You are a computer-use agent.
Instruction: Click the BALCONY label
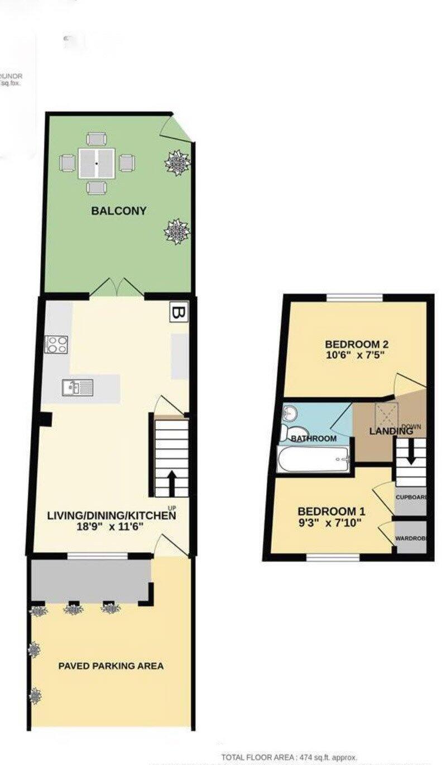coord(119,211)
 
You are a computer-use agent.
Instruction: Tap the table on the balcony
coord(97,163)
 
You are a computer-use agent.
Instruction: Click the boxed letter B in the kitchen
coord(179,313)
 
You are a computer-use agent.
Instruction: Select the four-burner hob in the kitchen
coord(56,344)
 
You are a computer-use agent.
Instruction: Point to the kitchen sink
coord(78,387)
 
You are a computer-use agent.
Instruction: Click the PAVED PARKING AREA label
coord(111,666)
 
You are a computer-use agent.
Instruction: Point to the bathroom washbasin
coord(289,414)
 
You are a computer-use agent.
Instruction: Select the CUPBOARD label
coord(411,497)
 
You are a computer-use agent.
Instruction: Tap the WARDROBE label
coord(411,539)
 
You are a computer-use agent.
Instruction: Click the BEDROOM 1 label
coord(331,511)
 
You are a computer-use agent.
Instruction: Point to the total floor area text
coord(289,757)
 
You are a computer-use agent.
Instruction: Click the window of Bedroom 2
coord(355,297)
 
